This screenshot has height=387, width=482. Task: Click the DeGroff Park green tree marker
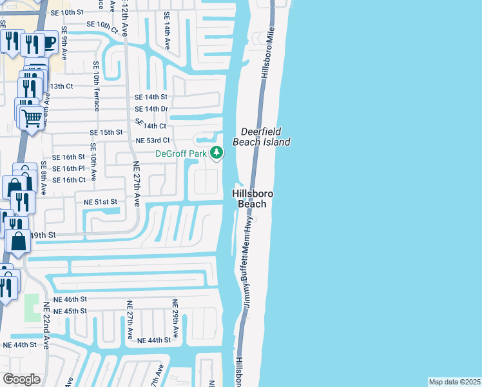[217, 154]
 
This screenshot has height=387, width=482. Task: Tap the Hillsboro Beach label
[253, 199]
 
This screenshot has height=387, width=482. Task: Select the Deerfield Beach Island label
[265, 136]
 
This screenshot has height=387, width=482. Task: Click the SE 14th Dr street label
[151, 109]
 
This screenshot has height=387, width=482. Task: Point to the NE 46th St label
[70, 300]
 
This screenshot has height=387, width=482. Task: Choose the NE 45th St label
[70, 312]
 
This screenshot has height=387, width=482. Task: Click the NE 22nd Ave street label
[46, 325]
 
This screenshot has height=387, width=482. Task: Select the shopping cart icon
[32, 117]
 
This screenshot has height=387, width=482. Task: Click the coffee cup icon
[48, 43]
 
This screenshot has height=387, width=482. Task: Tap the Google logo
[22, 379]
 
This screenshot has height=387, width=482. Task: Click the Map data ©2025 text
[454, 382]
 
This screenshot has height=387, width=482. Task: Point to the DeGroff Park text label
[180, 154]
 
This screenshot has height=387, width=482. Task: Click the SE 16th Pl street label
[68, 168]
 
